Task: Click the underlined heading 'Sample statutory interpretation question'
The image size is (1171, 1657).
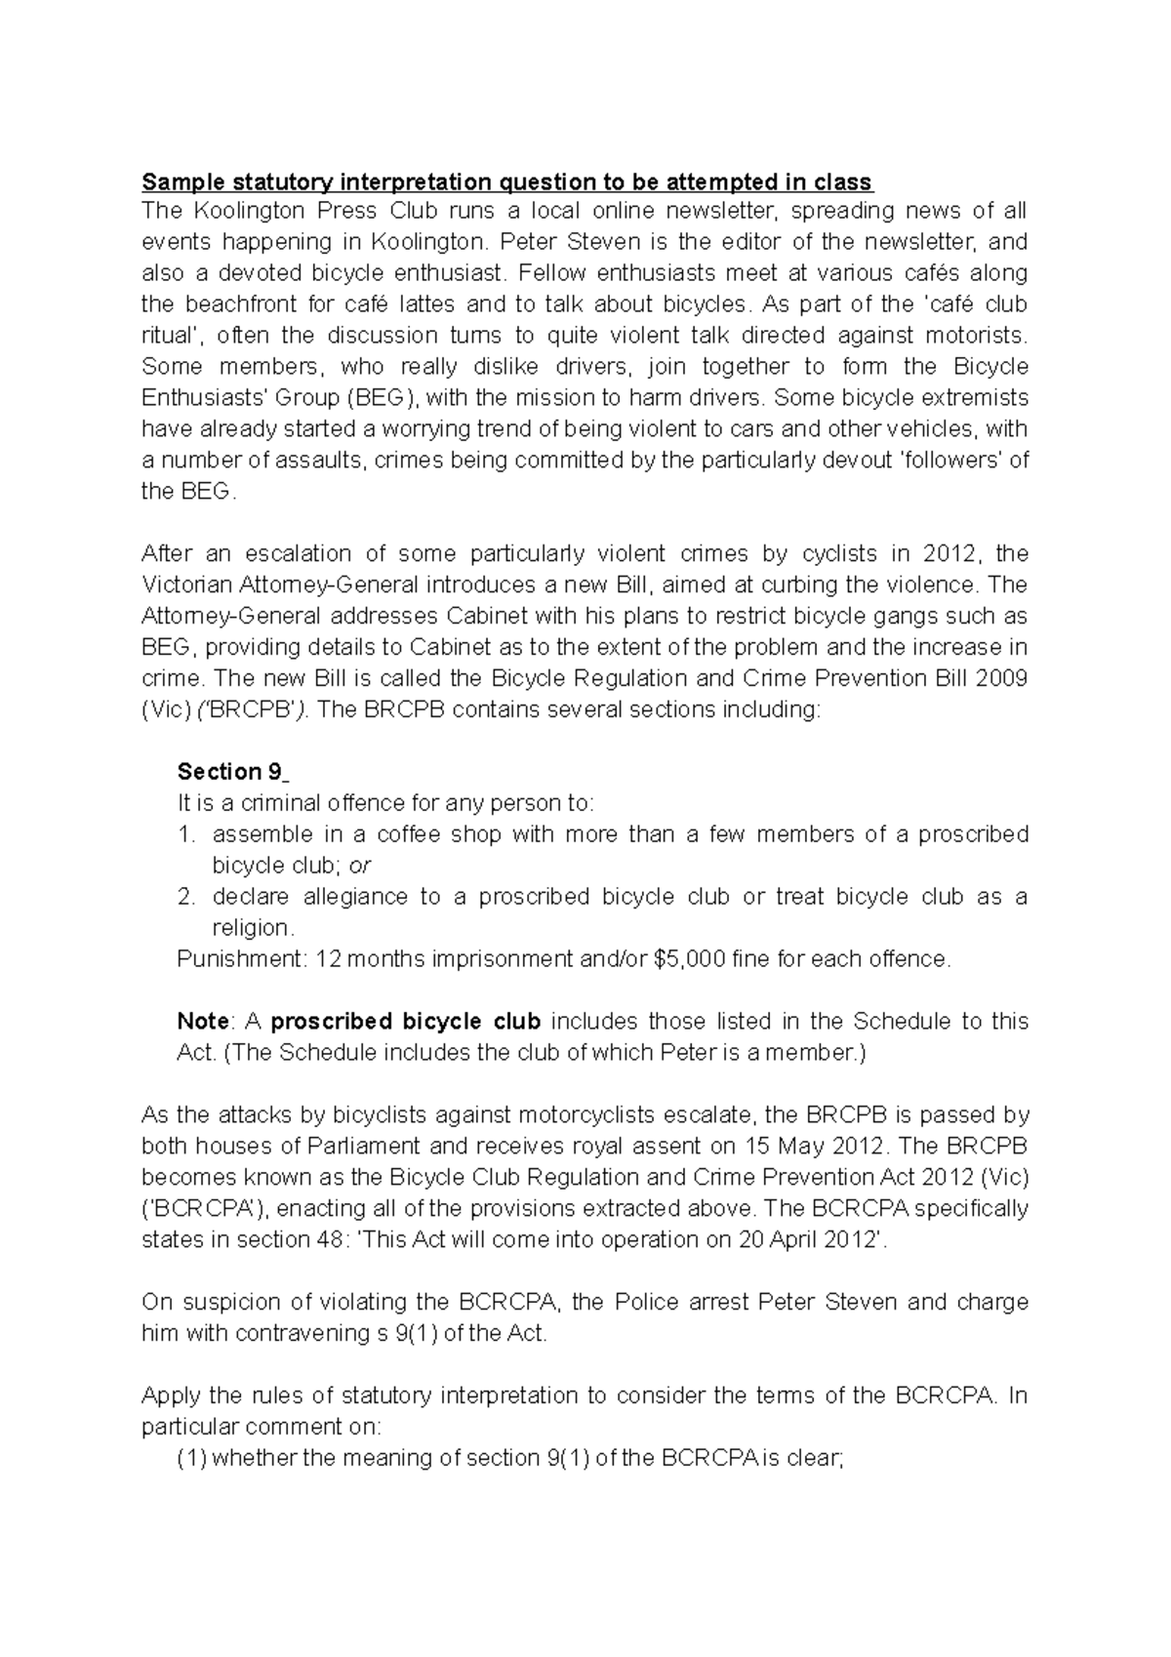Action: point(506,182)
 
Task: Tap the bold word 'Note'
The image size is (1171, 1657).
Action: point(203,1022)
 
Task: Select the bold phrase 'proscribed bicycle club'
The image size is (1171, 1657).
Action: point(405,1022)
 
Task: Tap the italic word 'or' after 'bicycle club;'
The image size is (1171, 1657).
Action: point(360,866)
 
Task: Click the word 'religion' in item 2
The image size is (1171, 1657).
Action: point(251,928)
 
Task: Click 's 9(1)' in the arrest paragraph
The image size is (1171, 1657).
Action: point(404,1333)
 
